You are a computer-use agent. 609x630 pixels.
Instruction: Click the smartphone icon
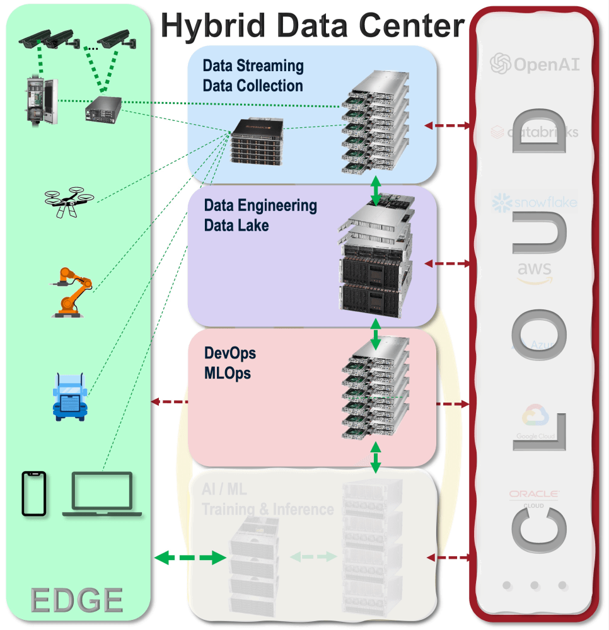point(35,494)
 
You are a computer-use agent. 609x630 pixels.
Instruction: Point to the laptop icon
point(101,495)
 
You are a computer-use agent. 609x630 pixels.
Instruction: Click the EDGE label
point(78,600)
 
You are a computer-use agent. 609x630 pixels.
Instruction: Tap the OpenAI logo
point(535,64)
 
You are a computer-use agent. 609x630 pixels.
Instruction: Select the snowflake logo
point(535,203)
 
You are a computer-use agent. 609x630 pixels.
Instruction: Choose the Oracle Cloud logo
point(535,498)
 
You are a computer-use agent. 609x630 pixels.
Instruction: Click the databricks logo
point(535,132)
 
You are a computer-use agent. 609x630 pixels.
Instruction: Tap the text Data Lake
point(236,225)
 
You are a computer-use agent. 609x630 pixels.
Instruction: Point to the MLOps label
point(228,373)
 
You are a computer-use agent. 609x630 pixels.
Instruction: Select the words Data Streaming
point(253,66)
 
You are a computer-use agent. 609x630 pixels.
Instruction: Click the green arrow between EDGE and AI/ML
point(190,558)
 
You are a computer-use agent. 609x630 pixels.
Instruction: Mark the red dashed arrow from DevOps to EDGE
point(171,401)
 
